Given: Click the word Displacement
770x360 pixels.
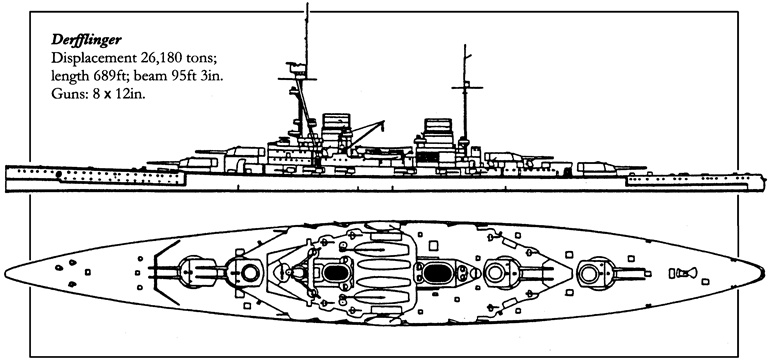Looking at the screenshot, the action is tap(91, 59).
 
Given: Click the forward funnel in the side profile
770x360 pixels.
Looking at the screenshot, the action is tap(336, 129).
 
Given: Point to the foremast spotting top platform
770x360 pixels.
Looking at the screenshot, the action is tap(297, 70).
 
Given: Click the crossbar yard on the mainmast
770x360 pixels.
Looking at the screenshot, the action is tap(467, 87).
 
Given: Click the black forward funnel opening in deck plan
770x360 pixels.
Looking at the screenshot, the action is tap(336, 272).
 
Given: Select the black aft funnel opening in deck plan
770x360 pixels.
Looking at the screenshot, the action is tap(438, 273).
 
